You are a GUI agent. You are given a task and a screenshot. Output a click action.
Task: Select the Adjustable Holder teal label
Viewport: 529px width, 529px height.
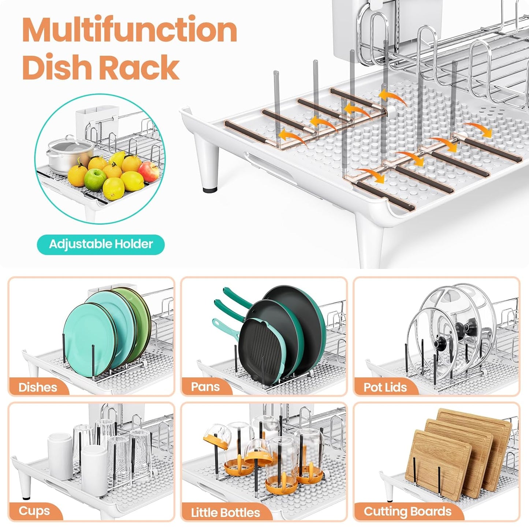coord(101,244)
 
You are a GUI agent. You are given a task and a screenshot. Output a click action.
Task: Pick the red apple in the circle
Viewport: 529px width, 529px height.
coord(149,172)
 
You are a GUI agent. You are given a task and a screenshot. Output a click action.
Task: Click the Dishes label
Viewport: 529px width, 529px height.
coord(38,387)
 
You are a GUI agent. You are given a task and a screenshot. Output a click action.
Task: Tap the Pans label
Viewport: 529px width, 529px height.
coord(205,387)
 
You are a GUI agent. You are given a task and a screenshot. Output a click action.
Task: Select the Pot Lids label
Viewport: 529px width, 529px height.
coord(385,387)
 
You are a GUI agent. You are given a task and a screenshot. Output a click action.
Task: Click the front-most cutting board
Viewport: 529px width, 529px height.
coord(437,463)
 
